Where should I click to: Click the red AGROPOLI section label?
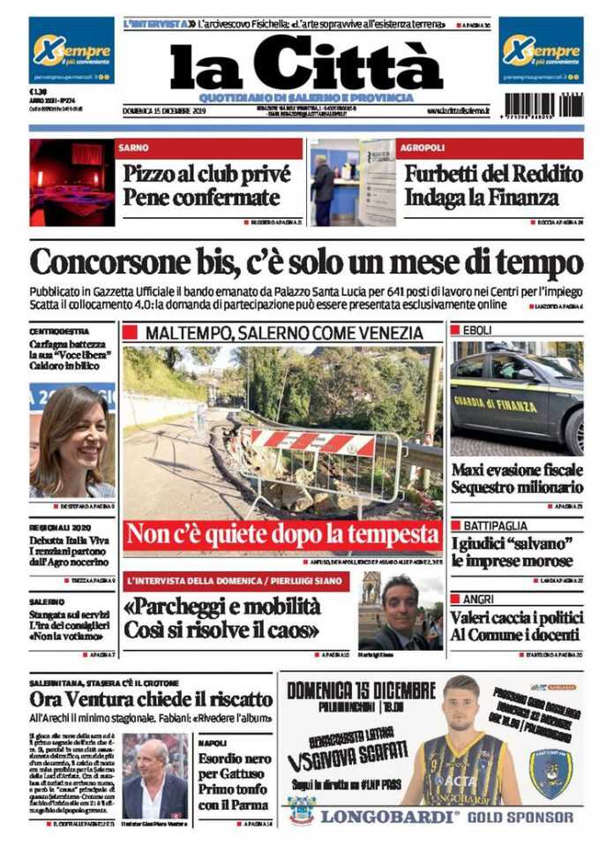point(420,147)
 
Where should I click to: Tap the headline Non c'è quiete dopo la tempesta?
point(282,535)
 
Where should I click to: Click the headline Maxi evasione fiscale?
point(517,469)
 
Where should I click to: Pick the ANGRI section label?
point(468,598)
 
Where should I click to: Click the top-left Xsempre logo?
point(71,50)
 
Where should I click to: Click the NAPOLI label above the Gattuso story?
point(213,743)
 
